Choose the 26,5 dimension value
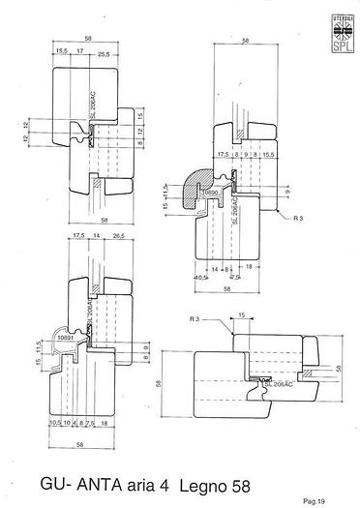click(119, 234)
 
